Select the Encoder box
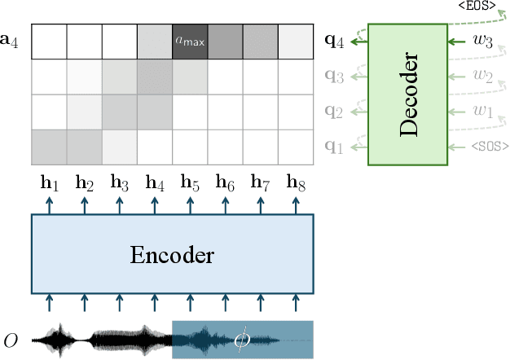click(172, 254)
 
